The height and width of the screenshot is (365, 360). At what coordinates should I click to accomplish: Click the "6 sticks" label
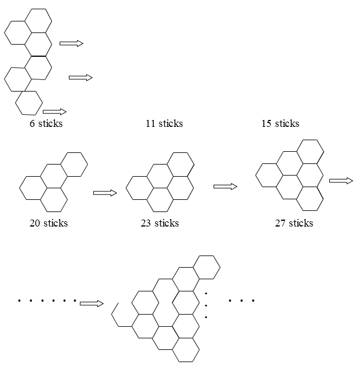pyautogui.click(x=46, y=123)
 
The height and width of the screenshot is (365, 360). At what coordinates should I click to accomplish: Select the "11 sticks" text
pyautogui.click(x=164, y=123)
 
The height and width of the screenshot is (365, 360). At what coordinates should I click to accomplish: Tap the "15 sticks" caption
pyautogui.click(x=280, y=123)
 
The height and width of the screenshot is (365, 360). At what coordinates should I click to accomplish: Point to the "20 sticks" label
pyautogui.click(x=49, y=223)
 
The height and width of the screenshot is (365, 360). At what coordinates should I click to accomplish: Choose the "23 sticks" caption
pyautogui.click(x=160, y=223)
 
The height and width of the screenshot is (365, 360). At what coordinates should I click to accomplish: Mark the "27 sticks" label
pyautogui.click(x=294, y=223)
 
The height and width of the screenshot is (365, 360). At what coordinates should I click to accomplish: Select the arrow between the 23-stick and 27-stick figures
pyautogui.click(x=226, y=186)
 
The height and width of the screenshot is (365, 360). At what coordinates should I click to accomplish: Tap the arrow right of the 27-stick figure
pyautogui.click(x=341, y=181)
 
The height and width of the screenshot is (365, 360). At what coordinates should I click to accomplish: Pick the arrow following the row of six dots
pyautogui.click(x=91, y=303)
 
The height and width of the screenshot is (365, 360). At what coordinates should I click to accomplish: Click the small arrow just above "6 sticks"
pyautogui.click(x=55, y=111)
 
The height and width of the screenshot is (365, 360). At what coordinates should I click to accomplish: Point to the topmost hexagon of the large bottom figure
pyautogui.click(x=207, y=267)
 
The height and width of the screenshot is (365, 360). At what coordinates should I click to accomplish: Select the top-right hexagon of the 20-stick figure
pyautogui.click(x=74, y=164)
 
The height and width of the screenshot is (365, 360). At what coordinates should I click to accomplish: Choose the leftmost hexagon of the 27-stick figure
pyautogui.click(x=269, y=175)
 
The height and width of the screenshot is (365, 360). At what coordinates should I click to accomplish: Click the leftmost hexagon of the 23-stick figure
pyautogui.click(x=139, y=188)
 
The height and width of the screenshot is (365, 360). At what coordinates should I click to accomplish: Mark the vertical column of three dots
pyautogui.click(x=206, y=305)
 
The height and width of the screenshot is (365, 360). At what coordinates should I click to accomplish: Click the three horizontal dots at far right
pyautogui.click(x=241, y=301)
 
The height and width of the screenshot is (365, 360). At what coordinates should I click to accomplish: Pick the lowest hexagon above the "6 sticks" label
pyautogui.click(x=29, y=103)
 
